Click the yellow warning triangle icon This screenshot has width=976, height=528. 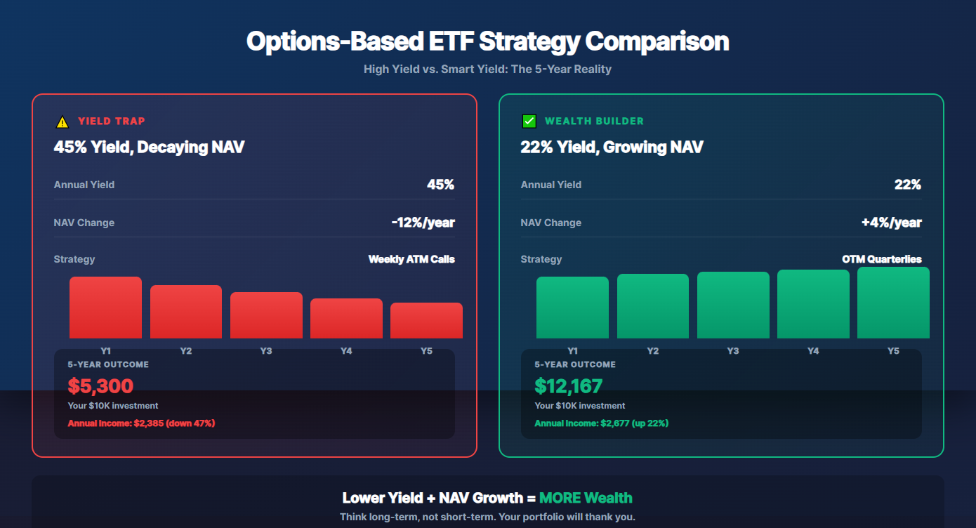coord(62,122)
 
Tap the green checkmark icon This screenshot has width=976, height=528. coord(529,121)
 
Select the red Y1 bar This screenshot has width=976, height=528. coord(105,308)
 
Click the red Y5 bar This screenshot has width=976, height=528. coord(426,321)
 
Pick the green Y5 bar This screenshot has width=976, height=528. coord(893,303)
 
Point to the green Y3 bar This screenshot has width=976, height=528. coord(733,305)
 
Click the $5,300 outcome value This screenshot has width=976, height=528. coord(100,385)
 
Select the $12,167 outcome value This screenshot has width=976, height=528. coord(568,385)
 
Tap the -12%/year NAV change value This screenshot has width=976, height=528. coord(423,223)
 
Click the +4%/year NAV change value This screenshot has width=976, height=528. coord(891,223)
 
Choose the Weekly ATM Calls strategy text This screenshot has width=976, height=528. coord(411,259)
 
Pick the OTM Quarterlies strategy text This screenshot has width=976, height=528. coord(881,259)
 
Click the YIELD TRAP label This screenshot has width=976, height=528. coord(112,121)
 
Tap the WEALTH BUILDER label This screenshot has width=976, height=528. coord(594,121)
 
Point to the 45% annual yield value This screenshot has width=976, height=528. coord(440,185)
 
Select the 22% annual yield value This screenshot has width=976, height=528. coord(907,185)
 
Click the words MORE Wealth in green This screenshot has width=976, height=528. coord(586,498)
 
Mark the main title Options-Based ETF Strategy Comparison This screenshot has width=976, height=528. coord(487,41)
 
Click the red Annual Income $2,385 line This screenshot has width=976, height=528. coord(141,423)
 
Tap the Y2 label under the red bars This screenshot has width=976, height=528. coord(185,350)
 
